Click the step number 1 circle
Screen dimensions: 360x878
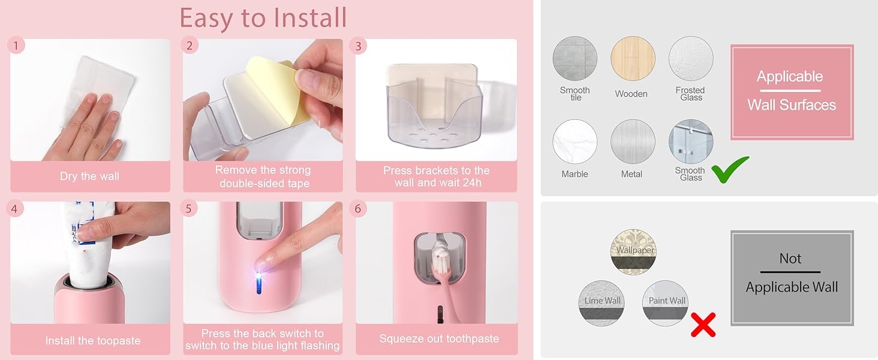click(16, 45)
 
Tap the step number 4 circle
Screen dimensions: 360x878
click(16, 209)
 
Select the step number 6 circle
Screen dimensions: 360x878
click(358, 209)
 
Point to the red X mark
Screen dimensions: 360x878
click(703, 324)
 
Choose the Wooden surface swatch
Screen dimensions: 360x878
click(633, 59)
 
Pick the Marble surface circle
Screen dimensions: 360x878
click(575, 142)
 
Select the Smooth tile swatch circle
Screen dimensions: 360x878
click(575, 59)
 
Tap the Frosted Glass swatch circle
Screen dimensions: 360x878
click(691, 59)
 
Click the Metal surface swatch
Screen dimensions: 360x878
click(633, 142)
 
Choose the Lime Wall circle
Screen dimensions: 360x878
click(601, 303)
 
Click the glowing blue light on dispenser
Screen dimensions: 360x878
click(259, 280)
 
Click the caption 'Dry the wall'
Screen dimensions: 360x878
click(89, 176)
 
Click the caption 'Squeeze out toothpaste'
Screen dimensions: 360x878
click(439, 339)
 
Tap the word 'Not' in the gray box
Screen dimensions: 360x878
click(790, 259)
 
